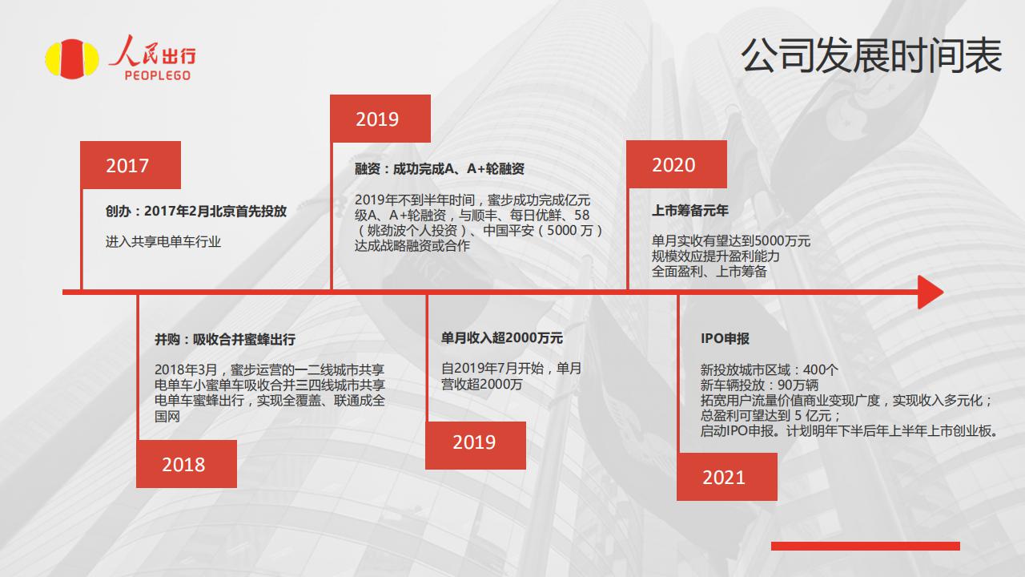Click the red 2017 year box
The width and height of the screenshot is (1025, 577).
click(x=131, y=165)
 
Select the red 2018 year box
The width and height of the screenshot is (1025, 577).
click(x=187, y=464)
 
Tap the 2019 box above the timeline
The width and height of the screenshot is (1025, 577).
click(x=380, y=119)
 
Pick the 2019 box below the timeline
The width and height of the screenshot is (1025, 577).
click(x=476, y=445)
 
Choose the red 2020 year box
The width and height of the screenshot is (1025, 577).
click(x=677, y=164)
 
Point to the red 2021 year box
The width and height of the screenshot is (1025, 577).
click(x=726, y=477)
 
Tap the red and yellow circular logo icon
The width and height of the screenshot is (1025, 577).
click(x=72, y=59)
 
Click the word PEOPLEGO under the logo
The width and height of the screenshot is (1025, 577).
click(x=158, y=75)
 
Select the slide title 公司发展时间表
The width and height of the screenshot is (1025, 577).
click(x=871, y=56)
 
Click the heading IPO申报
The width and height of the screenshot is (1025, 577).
click(x=725, y=338)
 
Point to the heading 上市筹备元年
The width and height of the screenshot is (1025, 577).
click(x=690, y=211)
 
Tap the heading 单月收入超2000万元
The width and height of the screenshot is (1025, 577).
click(x=502, y=338)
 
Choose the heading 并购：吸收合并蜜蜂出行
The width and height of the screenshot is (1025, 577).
click(x=225, y=339)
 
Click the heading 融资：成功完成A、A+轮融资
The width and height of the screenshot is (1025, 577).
click(x=440, y=169)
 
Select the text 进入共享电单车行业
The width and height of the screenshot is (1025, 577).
click(x=163, y=241)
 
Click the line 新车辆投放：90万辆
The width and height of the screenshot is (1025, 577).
click(x=759, y=385)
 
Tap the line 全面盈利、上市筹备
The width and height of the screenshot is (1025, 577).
click(x=709, y=272)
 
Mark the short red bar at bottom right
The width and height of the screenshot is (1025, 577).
click(x=866, y=546)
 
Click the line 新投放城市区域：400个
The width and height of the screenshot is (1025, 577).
click(x=770, y=369)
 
